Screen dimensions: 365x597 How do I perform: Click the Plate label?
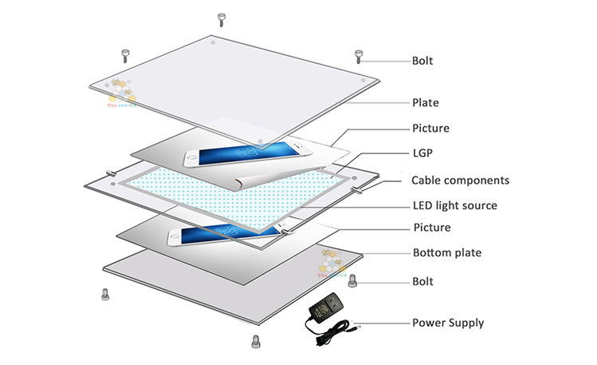[x=425, y=103]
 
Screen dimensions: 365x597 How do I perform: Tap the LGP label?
[x=423, y=153]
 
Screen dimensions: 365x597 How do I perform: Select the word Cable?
[x=426, y=180]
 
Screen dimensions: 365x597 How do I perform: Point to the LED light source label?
[x=454, y=205]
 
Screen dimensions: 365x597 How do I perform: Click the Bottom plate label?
[x=447, y=253]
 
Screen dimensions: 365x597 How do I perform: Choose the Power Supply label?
[x=448, y=323]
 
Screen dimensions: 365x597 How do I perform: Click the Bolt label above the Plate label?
[x=423, y=60]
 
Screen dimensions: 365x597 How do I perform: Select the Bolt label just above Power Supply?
[x=423, y=281]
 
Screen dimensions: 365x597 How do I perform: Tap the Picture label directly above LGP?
[x=430, y=128]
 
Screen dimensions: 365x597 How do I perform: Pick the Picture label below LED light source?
[x=431, y=228]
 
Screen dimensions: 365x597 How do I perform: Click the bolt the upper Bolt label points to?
[x=359, y=56]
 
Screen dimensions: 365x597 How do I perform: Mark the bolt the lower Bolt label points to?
[x=354, y=280]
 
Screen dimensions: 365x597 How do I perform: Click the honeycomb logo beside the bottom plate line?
[x=330, y=261]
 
